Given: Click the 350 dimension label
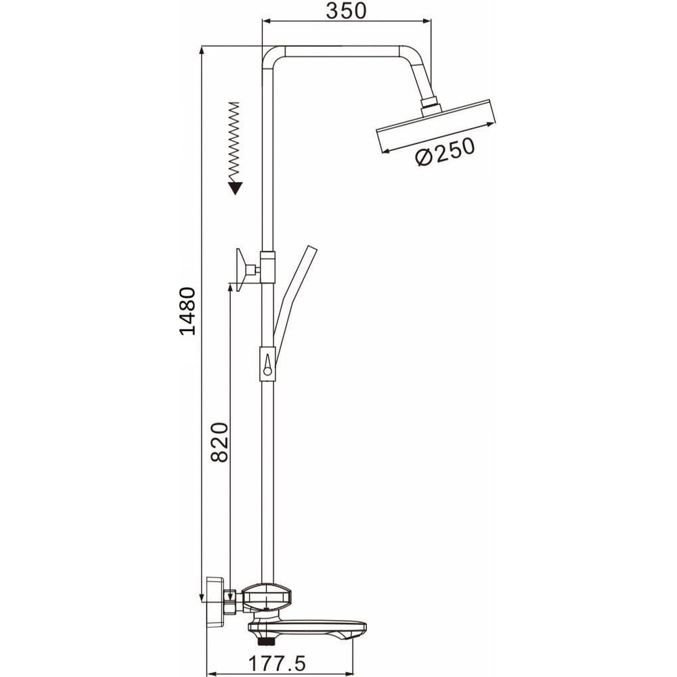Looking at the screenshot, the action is (x=346, y=12).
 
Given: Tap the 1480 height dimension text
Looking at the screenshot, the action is (x=188, y=311).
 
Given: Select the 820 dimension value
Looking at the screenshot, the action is (x=220, y=442).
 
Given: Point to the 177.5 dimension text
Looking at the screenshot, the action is (x=277, y=663).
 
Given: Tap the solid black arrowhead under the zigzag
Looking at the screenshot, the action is (x=236, y=188).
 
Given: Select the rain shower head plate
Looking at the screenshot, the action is (x=435, y=126).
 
